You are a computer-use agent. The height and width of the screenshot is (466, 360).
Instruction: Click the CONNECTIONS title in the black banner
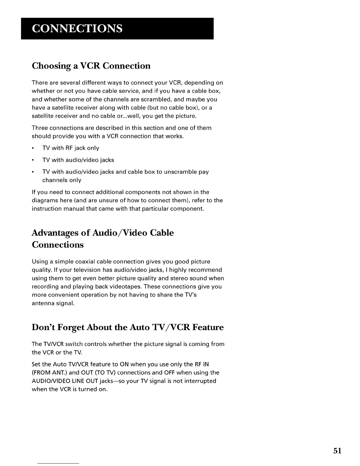[x=77, y=29]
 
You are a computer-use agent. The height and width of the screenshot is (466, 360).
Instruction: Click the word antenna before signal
[x=43, y=303]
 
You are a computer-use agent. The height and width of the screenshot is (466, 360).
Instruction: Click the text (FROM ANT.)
[x=48, y=372]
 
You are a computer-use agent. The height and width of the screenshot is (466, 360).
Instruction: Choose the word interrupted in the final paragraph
[x=198, y=381]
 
